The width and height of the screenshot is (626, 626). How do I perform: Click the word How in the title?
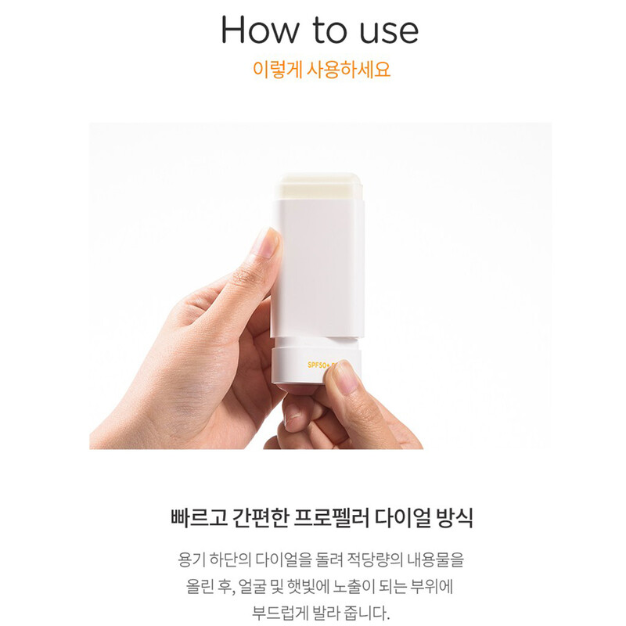point(259,30)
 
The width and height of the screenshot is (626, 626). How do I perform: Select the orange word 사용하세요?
point(348,70)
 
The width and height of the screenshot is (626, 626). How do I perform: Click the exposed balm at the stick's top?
point(319,186)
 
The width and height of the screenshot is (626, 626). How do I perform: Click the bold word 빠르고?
point(199,518)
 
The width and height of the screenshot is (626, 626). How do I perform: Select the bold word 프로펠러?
point(331,518)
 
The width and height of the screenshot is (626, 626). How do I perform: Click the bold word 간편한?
point(261,518)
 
